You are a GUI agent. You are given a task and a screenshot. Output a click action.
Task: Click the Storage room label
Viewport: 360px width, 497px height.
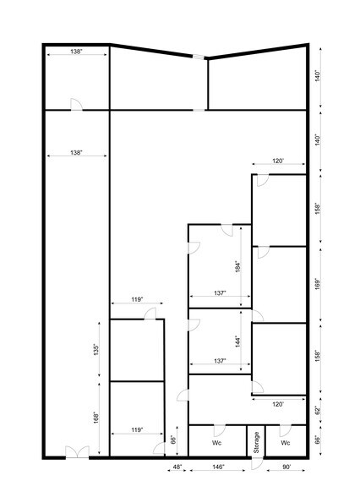[x=256, y=443]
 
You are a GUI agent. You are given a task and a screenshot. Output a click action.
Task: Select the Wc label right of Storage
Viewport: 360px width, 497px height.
[x=286, y=442]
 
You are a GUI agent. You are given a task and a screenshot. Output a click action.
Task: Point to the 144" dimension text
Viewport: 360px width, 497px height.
[x=239, y=341]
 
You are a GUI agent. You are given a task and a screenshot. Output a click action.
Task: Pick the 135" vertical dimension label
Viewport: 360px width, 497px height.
[x=97, y=348]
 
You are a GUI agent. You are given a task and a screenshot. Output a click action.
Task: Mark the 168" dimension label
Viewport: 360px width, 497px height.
[x=97, y=417]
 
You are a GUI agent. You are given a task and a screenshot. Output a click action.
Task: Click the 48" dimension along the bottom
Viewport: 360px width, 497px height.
[x=177, y=467]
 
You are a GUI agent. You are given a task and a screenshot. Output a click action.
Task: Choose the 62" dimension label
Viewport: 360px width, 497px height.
[x=319, y=411]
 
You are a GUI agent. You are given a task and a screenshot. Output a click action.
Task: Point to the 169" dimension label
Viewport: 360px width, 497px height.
[x=319, y=282]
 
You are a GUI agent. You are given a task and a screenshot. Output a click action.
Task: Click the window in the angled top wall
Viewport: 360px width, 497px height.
[x=199, y=57]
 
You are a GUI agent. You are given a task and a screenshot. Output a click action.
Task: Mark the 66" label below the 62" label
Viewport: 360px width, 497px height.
[x=319, y=440]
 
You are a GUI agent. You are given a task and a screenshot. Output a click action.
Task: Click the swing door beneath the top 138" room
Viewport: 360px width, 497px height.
[x=76, y=104]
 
